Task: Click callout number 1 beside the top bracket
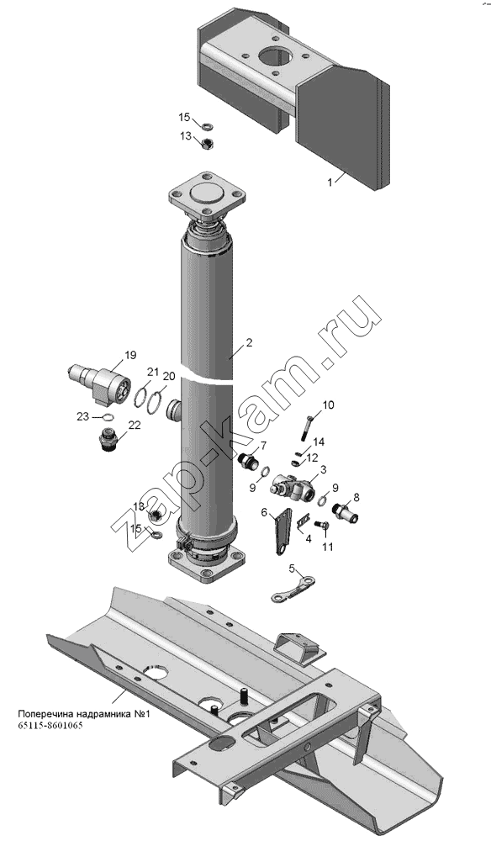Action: tap(330, 182)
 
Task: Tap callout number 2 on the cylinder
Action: tap(249, 343)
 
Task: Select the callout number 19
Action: tap(130, 355)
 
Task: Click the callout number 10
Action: tap(328, 405)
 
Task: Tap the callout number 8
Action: tap(356, 497)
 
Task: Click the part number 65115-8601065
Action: tap(50, 727)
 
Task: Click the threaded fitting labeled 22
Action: tap(108, 440)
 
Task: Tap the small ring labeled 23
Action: tap(108, 418)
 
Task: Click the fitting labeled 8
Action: tap(346, 512)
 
